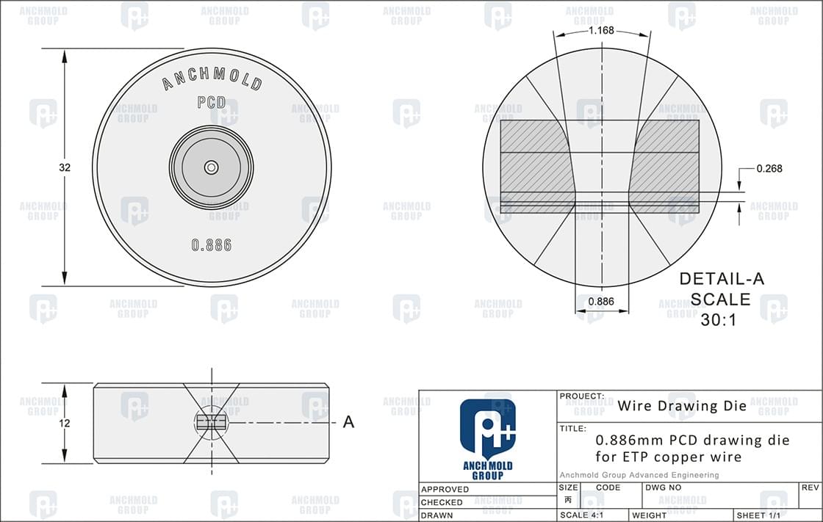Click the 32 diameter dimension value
point(65,167)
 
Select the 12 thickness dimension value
point(65,423)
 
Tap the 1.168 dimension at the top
point(601,31)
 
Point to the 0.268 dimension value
point(769,168)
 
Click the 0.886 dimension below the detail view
point(601,301)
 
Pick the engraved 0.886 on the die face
point(212,245)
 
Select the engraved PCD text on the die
point(212,103)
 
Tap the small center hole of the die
point(212,167)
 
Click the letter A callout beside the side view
point(349,422)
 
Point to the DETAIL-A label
point(722,279)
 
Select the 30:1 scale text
point(720,320)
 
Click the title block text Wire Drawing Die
point(682,405)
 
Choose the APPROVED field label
point(445,489)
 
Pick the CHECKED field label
point(442,502)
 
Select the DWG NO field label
point(664,487)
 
